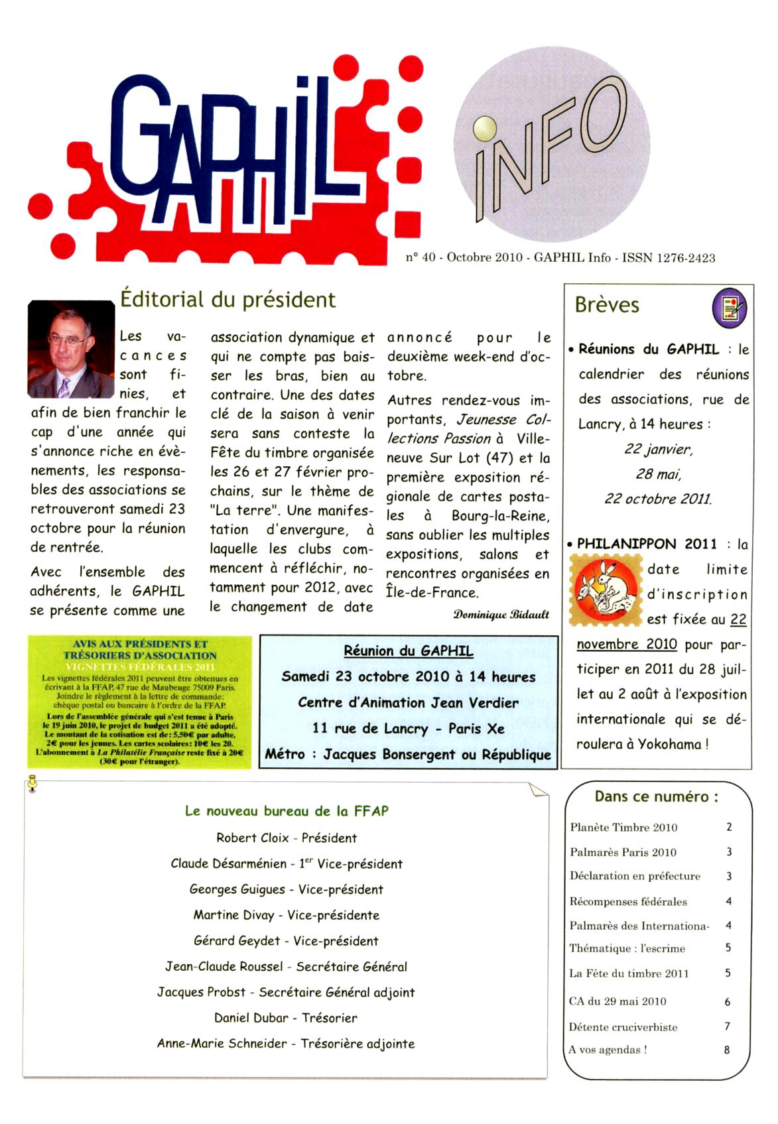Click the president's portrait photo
[71, 349]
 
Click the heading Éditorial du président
[227, 300]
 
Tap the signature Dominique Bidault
[501, 614]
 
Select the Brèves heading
[607, 305]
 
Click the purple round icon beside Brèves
[729, 308]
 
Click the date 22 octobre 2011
[657, 499]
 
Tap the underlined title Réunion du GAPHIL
[408, 651]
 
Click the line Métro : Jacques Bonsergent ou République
[408, 755]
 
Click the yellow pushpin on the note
[31, 784]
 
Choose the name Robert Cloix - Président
[287, 838]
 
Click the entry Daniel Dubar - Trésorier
[286, 1018]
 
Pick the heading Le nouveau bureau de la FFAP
[287, 810]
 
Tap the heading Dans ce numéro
[656, 796]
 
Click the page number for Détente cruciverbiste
[728, 1027]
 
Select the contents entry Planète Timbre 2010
[623, 827]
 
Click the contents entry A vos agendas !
[608, 1050]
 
